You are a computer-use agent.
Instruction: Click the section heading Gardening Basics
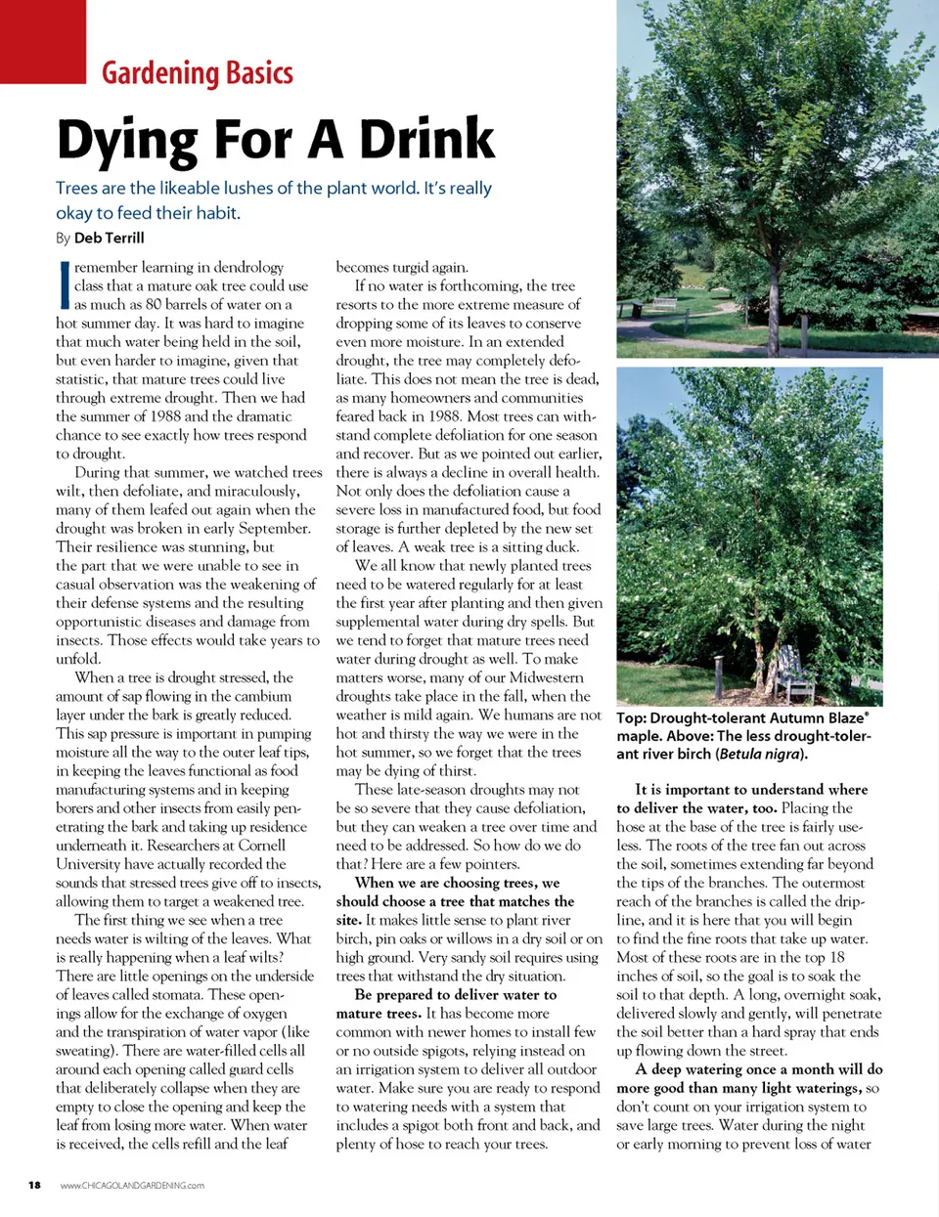[197, 73]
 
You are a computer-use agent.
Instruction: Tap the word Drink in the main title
[426, 140]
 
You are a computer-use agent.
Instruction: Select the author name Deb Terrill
[109, 238]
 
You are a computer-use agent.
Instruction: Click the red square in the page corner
[42, 40]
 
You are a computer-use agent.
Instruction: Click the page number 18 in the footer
[35, 1185]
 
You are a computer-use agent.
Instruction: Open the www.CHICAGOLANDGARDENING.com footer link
[132, 1186]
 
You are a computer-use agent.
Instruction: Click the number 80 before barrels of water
[154, 304]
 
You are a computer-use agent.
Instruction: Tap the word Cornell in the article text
[262, 846]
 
